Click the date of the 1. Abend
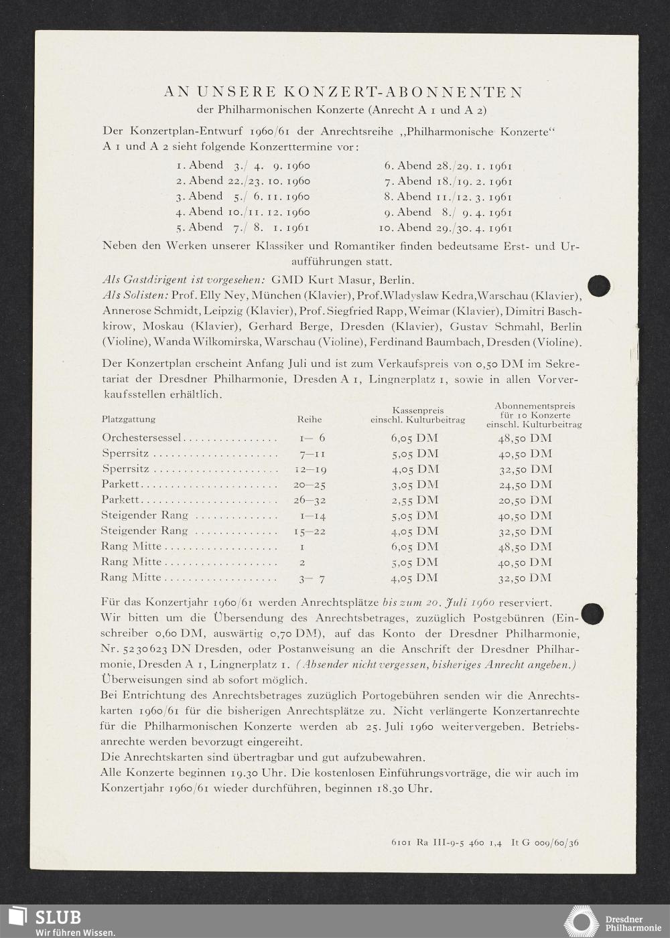(271, 165)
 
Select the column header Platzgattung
(129, 419)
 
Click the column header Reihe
(309, 419)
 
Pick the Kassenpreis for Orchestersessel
(415, 438)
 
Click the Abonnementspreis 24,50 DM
(525, 485)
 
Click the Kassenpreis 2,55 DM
(415, 500)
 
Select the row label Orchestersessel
(141, 438)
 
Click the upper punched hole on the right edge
(598, 285)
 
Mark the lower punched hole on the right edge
(592, 613)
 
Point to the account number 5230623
(143, 649)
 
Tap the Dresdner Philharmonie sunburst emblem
(581, 921)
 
